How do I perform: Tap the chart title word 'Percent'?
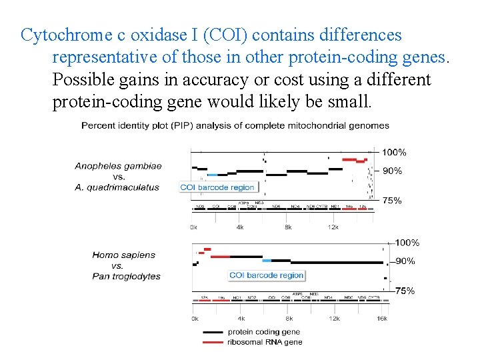100,125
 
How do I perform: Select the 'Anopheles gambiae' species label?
118,166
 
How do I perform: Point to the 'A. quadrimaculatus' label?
117,187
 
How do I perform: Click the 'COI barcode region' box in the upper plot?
217,187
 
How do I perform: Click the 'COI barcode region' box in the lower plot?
266,275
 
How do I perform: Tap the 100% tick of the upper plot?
394,152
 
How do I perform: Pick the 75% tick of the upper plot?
392,201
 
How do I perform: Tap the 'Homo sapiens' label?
123,255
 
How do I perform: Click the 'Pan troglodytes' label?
127,276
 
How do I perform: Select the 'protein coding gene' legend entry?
263,331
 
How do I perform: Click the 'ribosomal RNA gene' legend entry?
265,342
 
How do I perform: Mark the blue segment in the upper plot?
212,175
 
